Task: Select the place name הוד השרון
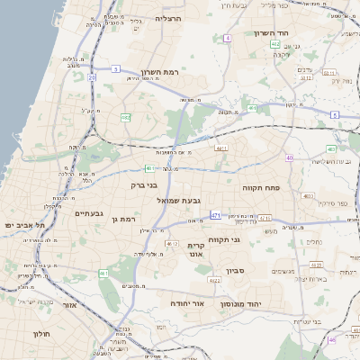click(x=269, y=33)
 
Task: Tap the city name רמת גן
click(x=121, y=219)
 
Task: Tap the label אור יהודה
click(x=187, y=303)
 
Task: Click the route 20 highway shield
click(x=92, y=78)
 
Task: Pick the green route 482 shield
click(x=126, y=117)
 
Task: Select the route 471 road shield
click(x=215, y=215)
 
